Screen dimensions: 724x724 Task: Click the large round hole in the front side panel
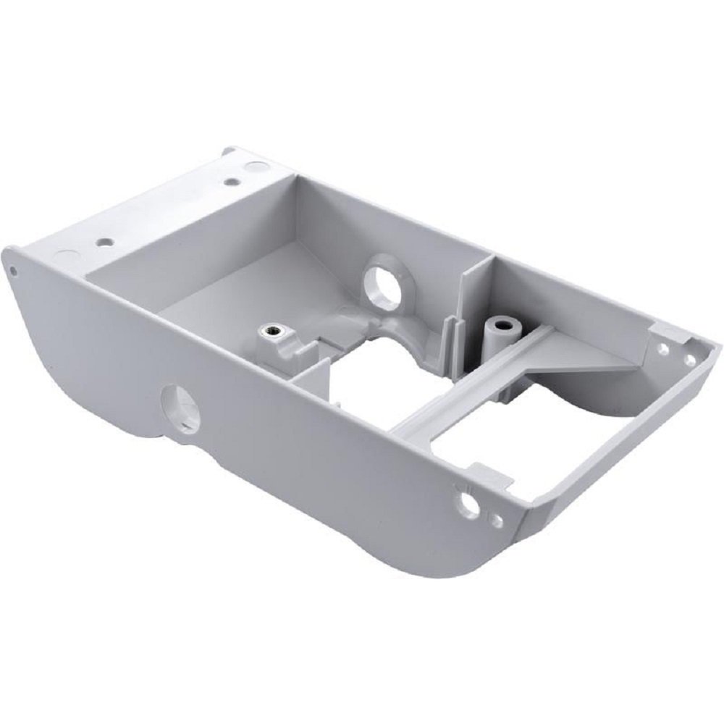pos(180,408)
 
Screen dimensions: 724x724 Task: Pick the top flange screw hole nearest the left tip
pos(106,241)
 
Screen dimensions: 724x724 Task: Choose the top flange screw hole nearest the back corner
pos(230,182)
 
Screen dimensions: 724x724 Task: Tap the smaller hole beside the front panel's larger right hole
pos(496,519)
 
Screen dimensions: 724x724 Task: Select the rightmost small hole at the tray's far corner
pos(690,358)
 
